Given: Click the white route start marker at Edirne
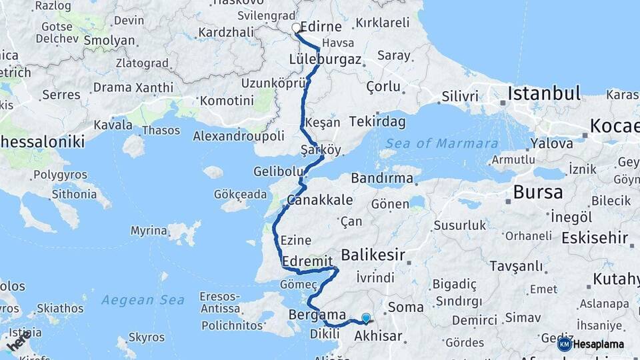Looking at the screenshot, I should tap(297, 28).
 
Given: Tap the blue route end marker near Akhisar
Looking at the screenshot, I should tap(365, 318).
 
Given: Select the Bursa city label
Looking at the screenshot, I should tap(538, 193).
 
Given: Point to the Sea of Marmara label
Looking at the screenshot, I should tap(441, 143).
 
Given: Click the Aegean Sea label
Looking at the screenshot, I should tap(143, 300).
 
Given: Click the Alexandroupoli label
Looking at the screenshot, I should tap(238, 136).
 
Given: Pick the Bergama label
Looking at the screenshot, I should tap(317, 315).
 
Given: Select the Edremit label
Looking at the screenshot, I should tap(307, 261).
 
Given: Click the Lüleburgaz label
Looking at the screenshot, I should tap(325, 59).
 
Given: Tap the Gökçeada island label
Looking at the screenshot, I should tap(241, 195).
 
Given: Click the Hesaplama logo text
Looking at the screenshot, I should tap(600, 344).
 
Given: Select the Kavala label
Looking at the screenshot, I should tap(113, 124).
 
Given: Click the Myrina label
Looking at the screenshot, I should tap(149, 231).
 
